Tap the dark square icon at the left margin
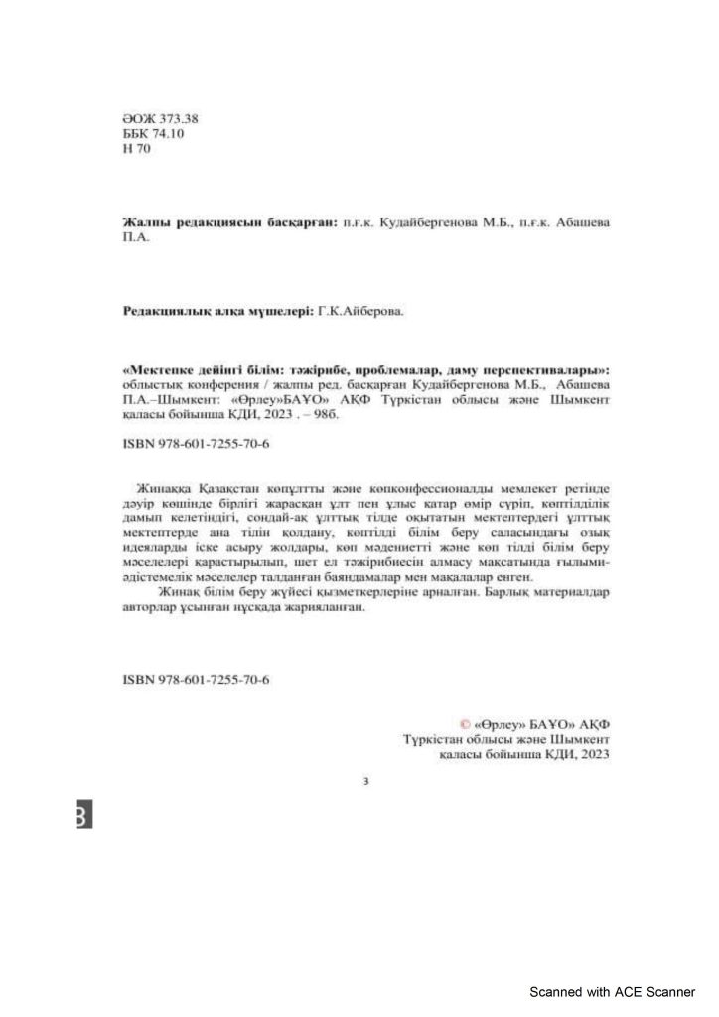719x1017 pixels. click(83, 815)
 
